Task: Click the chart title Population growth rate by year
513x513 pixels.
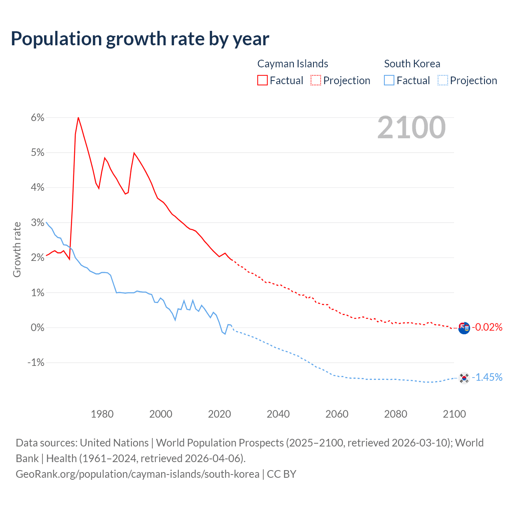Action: click(x=140, y=39)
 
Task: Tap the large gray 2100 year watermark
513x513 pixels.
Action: click(x=411, y=127)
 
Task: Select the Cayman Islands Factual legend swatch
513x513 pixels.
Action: click(x=262, y=81)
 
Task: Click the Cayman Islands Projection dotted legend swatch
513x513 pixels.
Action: click(x=316, y=81)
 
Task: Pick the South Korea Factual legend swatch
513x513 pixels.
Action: click(x=389, y=81)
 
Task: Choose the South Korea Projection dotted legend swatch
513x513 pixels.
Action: click(x=442, y=81)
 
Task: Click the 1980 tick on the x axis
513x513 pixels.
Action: click(x=102, y=414)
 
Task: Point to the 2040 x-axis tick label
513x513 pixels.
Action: click(x=278, y=414)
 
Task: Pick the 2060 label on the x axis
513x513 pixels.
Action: click(x=337, y=414)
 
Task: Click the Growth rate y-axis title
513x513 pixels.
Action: click(x=17, y=249)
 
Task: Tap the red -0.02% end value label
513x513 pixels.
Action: click(x=487, y=327)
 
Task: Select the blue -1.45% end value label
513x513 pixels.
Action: click(x=487, y=377)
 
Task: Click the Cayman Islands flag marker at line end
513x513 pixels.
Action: click(x=464, y=328)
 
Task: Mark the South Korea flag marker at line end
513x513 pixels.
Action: click(x=464, y=378)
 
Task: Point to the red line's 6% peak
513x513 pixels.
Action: click(x=78, y=117)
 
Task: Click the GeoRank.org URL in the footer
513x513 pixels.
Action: click(x=137, y=474)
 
